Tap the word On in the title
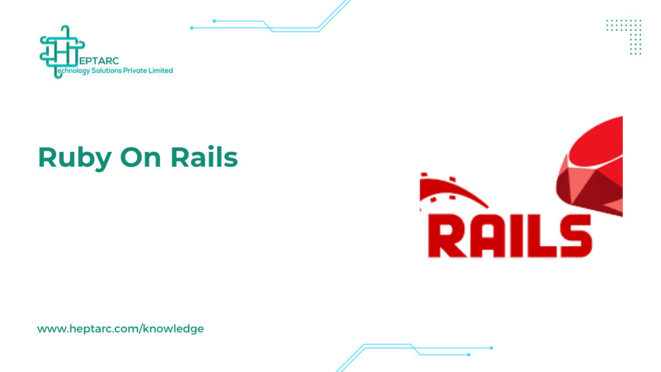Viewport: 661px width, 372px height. [140, 158]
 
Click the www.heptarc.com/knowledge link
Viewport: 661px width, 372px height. [121, 329]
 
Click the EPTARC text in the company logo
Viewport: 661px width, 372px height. [99, 61]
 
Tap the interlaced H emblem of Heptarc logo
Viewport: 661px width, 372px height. [61, 52]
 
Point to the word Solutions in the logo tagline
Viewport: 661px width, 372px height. [107, 70]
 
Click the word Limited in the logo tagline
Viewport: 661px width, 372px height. [160, 70]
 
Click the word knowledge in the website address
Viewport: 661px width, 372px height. [174, 329]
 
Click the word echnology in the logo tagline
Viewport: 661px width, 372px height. [74, 71]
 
